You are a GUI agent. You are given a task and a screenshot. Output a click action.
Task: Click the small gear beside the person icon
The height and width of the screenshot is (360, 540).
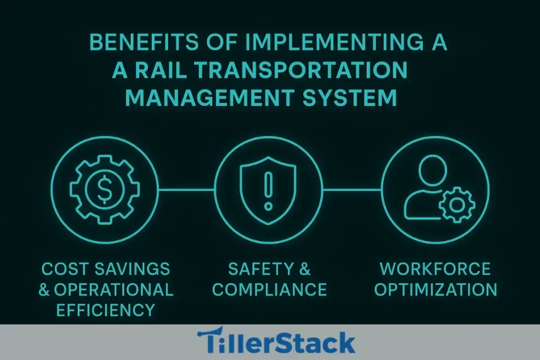[x=457, y=204]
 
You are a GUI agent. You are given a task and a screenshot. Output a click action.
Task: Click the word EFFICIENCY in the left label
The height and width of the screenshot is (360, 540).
[x=98, y=309]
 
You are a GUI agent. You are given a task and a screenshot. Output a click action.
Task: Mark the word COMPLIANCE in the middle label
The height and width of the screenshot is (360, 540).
[x=269, y=289]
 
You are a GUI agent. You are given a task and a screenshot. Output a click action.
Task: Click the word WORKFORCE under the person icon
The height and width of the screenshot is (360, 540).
[x=435, y=269]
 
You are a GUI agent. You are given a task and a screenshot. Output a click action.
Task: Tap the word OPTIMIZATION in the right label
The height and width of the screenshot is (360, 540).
[x=435, y=289]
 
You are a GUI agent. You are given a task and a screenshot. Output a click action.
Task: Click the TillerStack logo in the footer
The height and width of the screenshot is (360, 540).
[x=276, y=342]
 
